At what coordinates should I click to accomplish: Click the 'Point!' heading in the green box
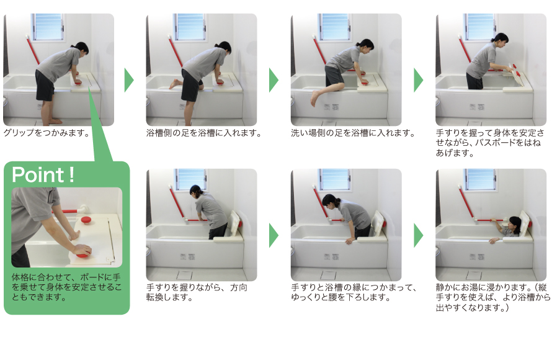tap(43, 175)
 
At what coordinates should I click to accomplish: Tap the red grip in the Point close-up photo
tap(82, 250)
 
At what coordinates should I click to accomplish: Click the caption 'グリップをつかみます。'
tap(47, 133)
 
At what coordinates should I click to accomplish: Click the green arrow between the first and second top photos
tap(129, 80)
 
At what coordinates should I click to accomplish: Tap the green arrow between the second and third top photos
tap(274, 80)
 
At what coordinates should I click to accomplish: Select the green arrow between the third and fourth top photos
tap(419, 80)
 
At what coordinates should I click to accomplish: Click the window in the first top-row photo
tap(48, 27)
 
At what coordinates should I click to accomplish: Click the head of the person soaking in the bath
tap(514, 222)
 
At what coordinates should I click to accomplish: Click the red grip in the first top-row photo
tap(78, 79)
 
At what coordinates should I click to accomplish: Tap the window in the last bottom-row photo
tap(480, 179)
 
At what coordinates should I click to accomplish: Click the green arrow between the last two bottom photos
tap(419, 235)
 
